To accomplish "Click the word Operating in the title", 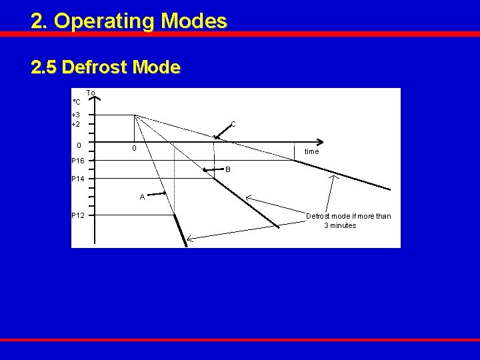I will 103,21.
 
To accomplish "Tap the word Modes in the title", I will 193,21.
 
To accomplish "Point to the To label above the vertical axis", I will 91,93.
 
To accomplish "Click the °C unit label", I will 76,102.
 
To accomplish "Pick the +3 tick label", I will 76,115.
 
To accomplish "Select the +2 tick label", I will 76,124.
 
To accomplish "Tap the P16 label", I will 79,161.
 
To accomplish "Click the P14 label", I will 79,179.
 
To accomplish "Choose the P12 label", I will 79,215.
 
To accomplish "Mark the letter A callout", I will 143,197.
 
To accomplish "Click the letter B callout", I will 227,169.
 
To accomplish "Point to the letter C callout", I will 233,124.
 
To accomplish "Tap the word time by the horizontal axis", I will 311,152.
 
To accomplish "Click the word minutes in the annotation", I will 343,225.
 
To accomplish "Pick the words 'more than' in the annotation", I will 375,216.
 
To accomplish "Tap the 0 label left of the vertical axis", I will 79,145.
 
